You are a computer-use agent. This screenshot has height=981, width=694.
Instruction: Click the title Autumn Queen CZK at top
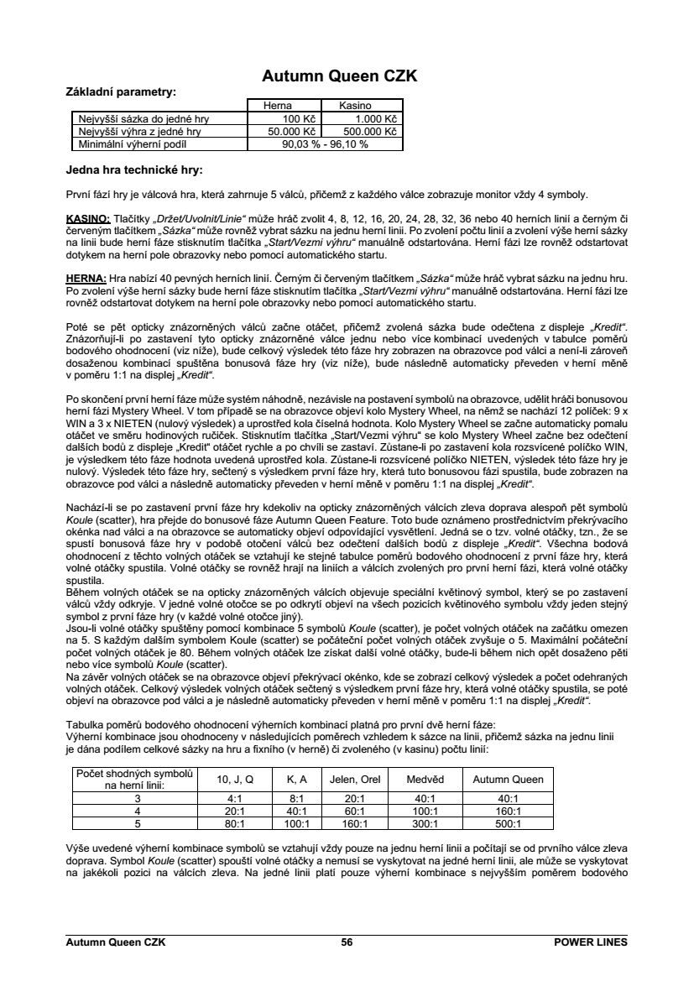click(340, 76)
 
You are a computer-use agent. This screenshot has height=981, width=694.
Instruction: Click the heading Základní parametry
click(121, 91)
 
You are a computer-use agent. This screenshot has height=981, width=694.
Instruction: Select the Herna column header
click(278, 107)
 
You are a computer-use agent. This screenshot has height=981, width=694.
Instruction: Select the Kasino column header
click(360, 107)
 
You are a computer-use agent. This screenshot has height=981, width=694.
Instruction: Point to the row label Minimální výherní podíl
click(135, 144)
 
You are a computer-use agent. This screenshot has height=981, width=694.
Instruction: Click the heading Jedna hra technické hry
click(134, 170)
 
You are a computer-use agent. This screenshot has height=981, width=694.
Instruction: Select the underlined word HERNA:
click(86, 278)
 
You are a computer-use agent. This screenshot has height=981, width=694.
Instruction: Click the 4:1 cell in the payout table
click(235, 799)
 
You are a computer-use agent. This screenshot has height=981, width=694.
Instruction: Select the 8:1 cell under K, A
click(296, 799)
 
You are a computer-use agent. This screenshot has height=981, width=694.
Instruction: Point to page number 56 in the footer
click(347, 943)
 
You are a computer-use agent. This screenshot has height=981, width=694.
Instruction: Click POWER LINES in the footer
click(591, 943)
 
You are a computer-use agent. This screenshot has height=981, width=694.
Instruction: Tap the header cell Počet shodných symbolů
click(134, 773)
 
